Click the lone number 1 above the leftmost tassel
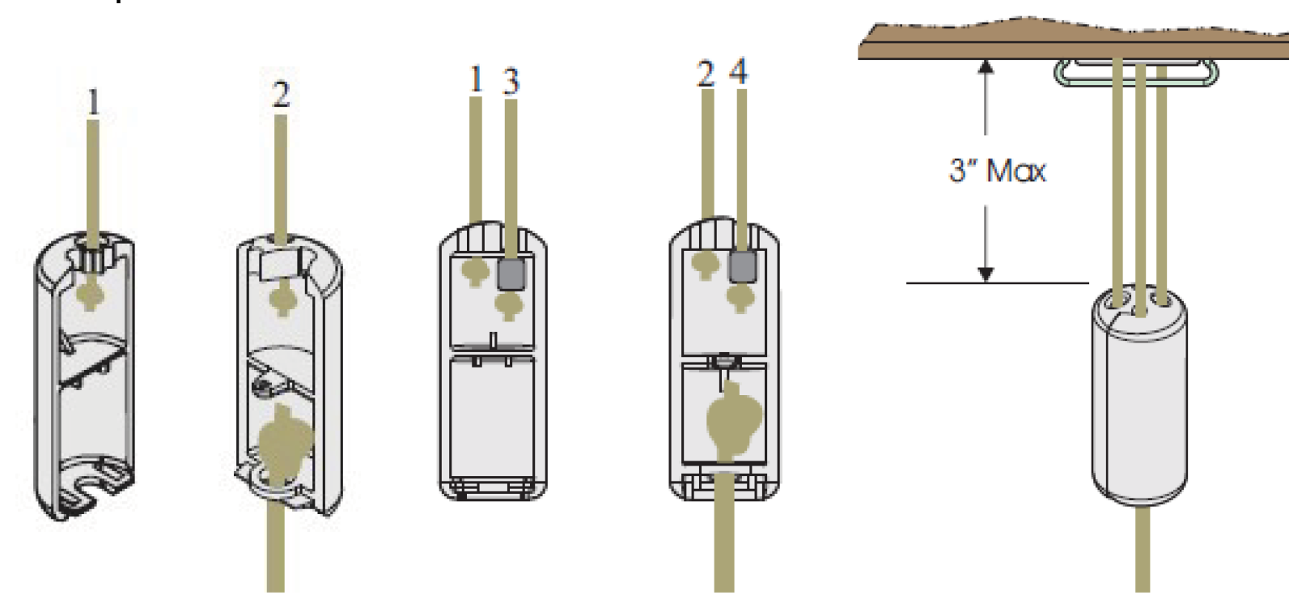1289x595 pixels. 93,103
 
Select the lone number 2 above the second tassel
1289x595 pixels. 280,95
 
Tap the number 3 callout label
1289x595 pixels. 511,81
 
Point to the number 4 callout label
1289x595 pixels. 739,73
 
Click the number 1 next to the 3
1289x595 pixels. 476,79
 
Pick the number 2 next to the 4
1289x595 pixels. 706,74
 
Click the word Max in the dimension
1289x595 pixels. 1017,171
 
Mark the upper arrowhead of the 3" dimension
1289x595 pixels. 986,66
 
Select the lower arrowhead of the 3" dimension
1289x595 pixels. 986,274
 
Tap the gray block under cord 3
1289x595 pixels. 511,274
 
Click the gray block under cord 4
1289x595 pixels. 742,266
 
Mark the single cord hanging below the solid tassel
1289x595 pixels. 1143,550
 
